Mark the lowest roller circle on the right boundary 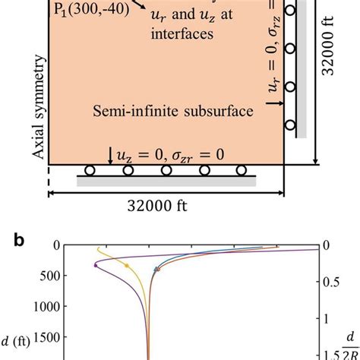pos(289,126)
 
